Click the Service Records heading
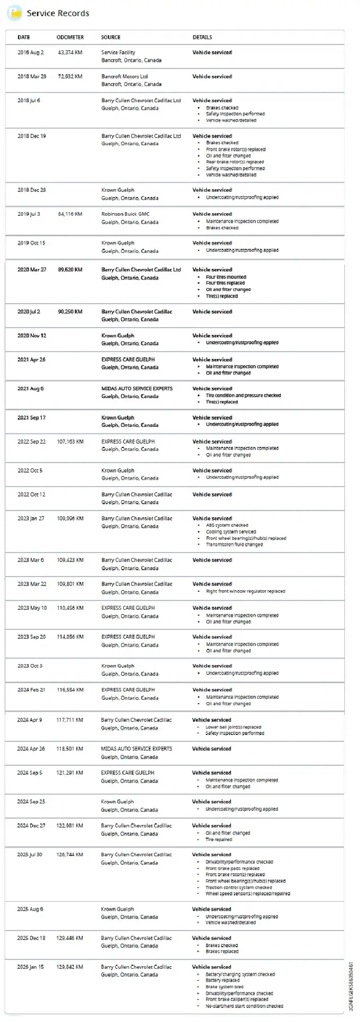[58, 14]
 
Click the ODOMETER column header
[70, 37]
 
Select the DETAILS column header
[202, 37]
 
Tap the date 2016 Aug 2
[31, 52]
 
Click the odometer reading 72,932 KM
[70, 76]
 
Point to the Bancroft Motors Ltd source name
[125, 76]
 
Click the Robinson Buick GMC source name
[125, 214]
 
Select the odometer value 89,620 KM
[70, 270]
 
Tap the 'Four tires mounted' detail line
[226, 277]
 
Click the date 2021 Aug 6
[31, 389]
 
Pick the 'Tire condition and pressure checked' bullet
[243, 396]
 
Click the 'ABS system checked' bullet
[227, 525]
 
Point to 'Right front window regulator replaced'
[245, 591]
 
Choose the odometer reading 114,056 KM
[70, 637]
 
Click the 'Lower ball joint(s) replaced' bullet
[233, 727]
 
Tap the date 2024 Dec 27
[31, 825]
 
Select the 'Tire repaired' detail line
[219, 840]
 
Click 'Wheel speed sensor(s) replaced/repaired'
[247, 894]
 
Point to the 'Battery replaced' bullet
[222, 980]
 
